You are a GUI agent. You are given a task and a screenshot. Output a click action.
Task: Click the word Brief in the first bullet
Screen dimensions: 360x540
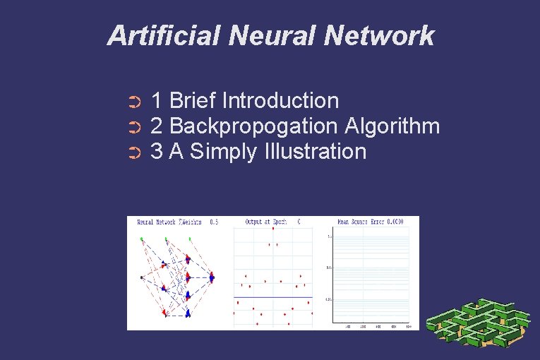pos(193,101)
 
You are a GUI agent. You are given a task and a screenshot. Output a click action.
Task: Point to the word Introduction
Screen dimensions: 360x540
pos(280,101)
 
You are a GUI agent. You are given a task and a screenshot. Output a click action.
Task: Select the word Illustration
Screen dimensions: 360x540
pos(313,151)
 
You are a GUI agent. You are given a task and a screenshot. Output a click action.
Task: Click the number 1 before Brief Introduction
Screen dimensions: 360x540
pos(157,101)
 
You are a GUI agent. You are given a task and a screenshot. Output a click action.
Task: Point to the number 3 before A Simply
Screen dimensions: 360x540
pos(157,152)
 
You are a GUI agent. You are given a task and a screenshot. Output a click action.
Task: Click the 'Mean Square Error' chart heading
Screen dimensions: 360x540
pos(370,222)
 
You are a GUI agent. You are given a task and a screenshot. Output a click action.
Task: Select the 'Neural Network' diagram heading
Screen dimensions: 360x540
pos(168,222)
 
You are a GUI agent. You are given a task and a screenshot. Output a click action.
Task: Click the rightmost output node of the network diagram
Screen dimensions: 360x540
pos(212,277)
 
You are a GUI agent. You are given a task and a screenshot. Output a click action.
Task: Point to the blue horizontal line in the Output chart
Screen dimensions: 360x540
pos(272,297)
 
